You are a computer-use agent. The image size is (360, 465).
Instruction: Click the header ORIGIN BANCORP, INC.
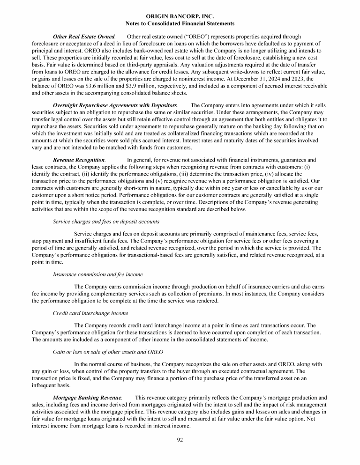180,16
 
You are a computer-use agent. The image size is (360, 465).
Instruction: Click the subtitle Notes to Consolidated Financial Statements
180,23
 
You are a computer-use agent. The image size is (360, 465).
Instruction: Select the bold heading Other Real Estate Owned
83,37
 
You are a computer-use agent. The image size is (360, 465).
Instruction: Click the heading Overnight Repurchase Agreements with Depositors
115,105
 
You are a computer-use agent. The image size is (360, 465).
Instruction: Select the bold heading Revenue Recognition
79,160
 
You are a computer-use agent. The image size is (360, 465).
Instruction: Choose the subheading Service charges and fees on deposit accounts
106,221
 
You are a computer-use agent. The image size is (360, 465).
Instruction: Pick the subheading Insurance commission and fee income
97,274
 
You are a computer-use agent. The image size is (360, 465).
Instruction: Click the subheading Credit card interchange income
90,312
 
